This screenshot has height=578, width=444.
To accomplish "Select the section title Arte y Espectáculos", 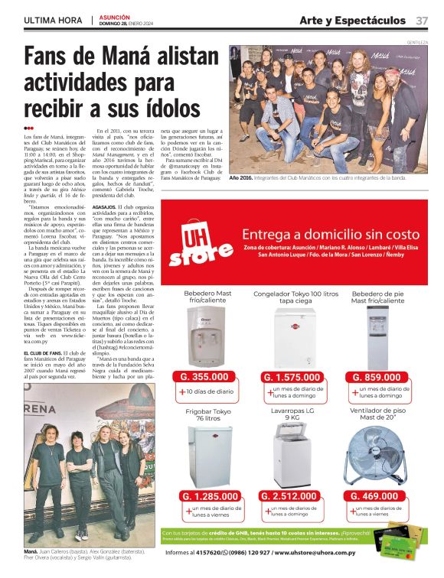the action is (352, 19).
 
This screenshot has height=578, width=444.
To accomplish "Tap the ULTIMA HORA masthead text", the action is (53, 19).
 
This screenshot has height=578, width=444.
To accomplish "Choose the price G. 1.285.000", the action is (205, 495).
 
